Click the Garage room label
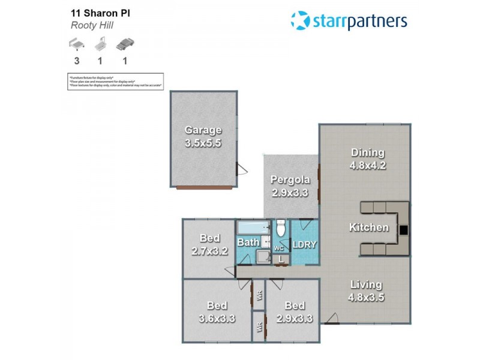coord(203,130)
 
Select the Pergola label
coord(290,179)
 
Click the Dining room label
coord(367,152)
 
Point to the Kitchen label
coord(369,227)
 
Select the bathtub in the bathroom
coord(253,229)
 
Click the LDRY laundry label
coord(304,244)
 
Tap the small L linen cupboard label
coord(281,259)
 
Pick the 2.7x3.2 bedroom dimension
coord(210,251)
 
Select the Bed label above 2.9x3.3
coord(295,305)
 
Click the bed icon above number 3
coord(77,44)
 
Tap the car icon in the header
coord(124,44)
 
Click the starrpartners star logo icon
coord(300,20)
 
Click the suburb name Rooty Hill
coord(92,26)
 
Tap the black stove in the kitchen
coord(403,229)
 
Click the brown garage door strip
coord(203,188)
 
